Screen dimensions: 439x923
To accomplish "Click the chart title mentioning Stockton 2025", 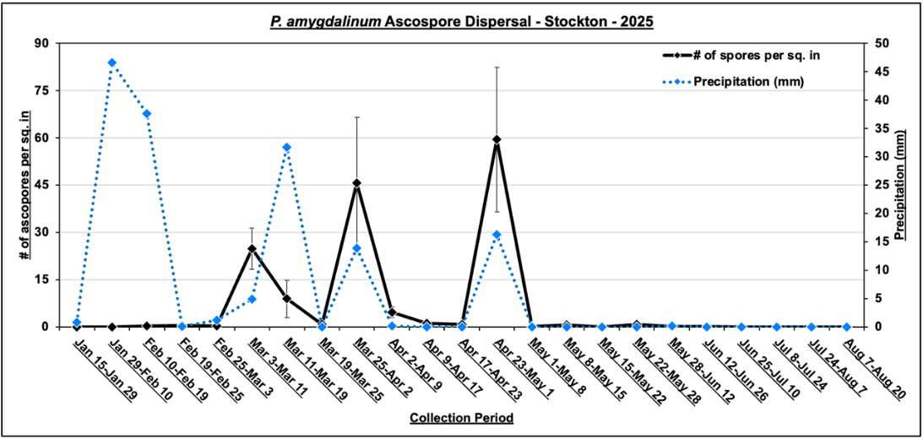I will click(461, 20).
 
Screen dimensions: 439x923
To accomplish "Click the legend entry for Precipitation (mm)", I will click(748, 82).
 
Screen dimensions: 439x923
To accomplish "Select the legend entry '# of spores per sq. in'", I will click(757, 56).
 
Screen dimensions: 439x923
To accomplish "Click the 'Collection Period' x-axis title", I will click(461, 418).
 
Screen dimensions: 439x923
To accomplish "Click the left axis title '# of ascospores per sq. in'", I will click(24, 184).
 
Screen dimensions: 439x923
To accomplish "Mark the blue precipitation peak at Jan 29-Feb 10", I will click(111, 62).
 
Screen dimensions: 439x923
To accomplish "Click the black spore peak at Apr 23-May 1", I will click(497, 139).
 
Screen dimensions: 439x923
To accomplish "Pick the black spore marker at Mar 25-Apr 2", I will click(356, 183).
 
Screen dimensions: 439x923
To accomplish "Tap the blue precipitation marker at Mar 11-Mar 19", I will click(286, 147).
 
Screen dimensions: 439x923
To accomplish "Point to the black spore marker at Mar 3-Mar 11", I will click(252, 249).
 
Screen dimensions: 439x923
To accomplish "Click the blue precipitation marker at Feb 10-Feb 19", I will click(147, 114).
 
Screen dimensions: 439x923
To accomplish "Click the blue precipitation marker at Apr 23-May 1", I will click(497, 235).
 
